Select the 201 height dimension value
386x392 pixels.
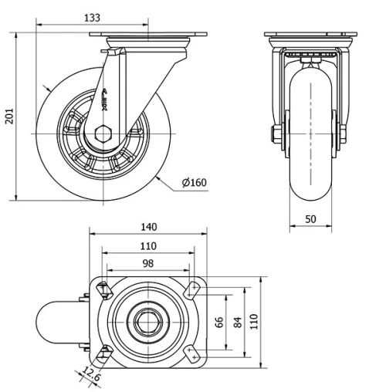tap(9, 116)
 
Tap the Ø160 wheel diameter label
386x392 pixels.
tap(195, 182)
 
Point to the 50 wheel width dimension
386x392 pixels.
tap(310, 219)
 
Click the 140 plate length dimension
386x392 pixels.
tap(148, 226)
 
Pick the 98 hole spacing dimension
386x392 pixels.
tap(148, 264)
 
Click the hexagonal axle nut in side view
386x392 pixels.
tap(103, 134)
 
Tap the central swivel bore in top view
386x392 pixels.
tap(148, 320)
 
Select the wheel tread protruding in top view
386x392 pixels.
tap(58, 320)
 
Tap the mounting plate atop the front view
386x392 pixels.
tap(310, 35)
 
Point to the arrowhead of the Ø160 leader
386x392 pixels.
tap(155, 177)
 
